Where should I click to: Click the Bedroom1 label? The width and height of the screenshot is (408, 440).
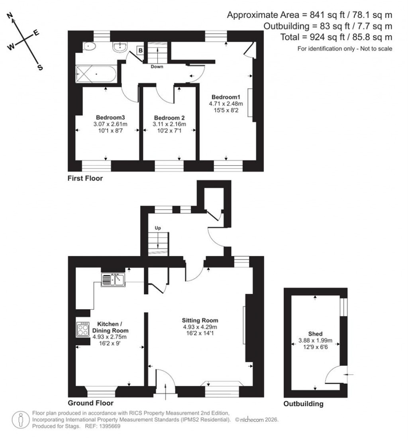click(226, 97)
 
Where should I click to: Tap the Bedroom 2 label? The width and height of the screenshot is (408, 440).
click(169, 118)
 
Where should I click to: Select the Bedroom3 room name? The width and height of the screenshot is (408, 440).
click(110, 118)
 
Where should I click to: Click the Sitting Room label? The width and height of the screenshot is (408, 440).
click(200, 320)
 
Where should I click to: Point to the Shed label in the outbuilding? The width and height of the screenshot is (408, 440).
click(315, 334)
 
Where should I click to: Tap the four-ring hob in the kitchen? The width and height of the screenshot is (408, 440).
click(82, 329)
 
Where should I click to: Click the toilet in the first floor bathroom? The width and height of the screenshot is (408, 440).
click(90, 47)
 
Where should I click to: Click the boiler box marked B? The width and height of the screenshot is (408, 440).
click(140, 50)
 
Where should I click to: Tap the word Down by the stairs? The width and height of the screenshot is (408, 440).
click(157, 67)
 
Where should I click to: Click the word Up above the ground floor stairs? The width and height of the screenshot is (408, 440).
click(158, 228)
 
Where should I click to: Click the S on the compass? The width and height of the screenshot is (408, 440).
click(40, 67)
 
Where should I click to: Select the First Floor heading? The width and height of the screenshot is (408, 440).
click(85, 179)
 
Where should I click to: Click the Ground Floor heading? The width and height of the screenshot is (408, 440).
click(90, 403)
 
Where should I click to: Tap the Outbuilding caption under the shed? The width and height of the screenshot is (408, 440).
click(303, 404)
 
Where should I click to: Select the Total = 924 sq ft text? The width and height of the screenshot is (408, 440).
click(328, 37)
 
